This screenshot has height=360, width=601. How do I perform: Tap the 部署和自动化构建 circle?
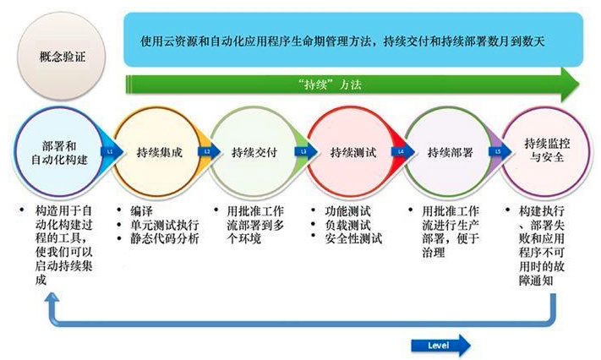point(52,151)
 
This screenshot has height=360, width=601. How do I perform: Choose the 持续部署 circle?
point(447,152)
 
